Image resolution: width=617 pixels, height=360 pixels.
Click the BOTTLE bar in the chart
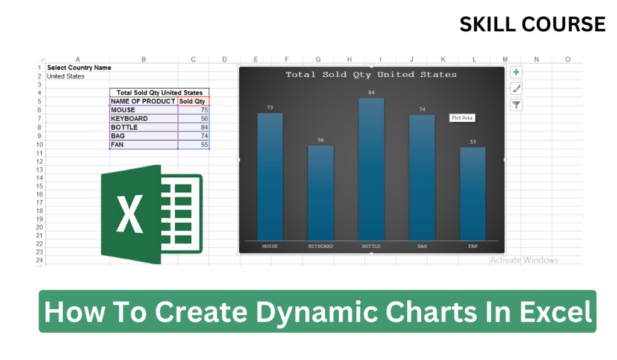371,169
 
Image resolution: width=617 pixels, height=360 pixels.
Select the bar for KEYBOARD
321,193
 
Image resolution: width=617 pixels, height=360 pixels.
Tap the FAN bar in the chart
472,194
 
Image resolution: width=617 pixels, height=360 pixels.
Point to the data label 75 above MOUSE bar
270,107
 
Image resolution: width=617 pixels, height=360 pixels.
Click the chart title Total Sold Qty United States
371,75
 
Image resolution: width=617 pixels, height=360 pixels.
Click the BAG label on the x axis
422,246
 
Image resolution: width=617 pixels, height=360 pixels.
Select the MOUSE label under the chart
270,246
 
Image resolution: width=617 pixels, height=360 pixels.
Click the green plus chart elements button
516,72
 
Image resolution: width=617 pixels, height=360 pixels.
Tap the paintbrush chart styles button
516,89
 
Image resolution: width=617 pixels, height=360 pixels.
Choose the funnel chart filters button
516,105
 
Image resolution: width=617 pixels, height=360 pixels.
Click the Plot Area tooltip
462,118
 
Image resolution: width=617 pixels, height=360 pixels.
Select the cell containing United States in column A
66,77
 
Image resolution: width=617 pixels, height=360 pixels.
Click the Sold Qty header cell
193,101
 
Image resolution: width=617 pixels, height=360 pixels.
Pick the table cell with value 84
193,127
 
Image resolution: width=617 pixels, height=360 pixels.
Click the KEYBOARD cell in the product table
143,119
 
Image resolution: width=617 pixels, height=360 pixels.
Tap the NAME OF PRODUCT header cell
143,101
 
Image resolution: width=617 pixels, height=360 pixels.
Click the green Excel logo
151,213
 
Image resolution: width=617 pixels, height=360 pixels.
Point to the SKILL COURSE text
532,24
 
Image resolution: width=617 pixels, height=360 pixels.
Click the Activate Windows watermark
524,260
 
